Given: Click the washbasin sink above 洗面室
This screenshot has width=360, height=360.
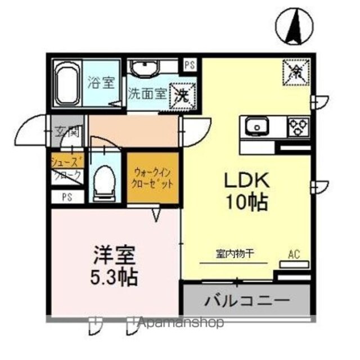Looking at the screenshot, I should pos(146,69).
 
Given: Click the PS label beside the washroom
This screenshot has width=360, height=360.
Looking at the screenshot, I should pos(190,65).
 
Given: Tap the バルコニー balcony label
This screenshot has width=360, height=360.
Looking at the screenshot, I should pos(245,298).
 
